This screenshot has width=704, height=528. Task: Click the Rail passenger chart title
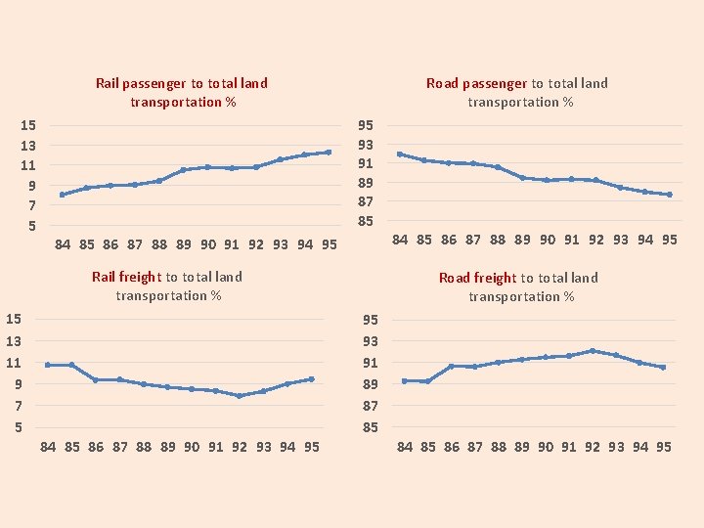[182, 93]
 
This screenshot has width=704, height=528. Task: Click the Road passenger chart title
[518, 93]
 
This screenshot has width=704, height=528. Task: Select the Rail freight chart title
[167, 286]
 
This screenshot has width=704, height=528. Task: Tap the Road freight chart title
[519, 286]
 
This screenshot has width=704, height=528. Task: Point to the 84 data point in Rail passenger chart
[62, 195]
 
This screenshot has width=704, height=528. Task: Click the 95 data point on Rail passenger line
[330, 152]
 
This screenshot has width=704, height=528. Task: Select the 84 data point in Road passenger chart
[400, 154]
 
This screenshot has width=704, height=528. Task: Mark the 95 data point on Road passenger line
[670, 195]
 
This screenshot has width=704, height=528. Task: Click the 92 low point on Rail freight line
[239, 396]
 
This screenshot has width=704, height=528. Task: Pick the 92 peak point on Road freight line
[593, 350]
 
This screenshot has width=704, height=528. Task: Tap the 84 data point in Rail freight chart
[48, 365]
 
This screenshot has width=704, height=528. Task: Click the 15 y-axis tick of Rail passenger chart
[28, 125]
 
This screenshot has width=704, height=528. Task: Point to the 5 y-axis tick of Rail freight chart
[14, 427]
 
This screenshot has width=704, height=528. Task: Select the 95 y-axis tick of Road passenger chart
[366, 125]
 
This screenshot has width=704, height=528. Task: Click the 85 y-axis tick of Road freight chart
[371, 427]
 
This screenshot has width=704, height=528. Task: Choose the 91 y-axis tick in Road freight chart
[371, 363]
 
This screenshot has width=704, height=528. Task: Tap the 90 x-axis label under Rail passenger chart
[208, 244]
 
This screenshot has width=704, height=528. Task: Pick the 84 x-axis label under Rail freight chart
[48, 447]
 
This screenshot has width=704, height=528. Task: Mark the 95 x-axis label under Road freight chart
[663, 447]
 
